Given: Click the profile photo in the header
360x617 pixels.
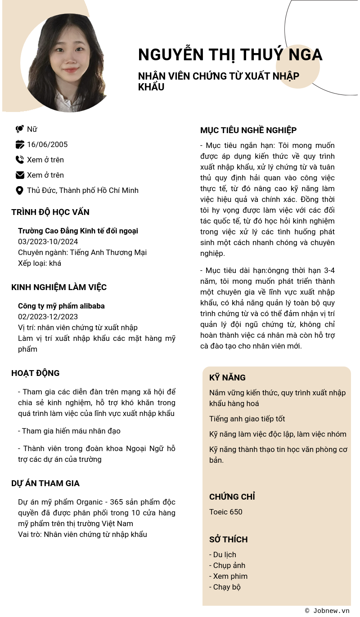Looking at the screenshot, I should coord(67,63).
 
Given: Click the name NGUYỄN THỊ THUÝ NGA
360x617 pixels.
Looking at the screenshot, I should coord(230,54).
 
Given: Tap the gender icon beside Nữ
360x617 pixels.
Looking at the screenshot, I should coord(19,129).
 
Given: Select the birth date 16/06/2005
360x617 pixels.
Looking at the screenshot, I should coord(47,144).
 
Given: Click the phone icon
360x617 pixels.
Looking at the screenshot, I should coord(19,160).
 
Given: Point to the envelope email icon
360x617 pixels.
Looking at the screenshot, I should coord(20,175).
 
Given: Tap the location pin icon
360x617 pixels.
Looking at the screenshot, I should coord(19,190).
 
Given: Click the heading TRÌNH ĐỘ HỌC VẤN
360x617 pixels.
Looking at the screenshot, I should coord(50,212).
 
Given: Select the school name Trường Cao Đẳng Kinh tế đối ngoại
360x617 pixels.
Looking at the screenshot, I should coord(78,231).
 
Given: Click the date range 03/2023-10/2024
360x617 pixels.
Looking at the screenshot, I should coord(48,241).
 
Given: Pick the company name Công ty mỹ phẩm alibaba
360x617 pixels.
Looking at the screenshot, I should coord(61,306).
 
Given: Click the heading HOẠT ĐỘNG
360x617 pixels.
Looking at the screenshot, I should coord(36,373).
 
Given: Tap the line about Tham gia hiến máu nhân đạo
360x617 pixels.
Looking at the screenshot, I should coord(69,431).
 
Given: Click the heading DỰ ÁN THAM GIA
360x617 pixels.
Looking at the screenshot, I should coord(45,483).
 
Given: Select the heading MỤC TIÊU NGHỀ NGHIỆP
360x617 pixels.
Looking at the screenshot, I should coord(248,130).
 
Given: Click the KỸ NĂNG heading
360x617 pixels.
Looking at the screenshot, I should coord(227,378).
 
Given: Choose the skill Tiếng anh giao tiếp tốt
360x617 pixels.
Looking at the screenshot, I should coord(247,419).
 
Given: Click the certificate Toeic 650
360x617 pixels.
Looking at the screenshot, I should coord(226,512).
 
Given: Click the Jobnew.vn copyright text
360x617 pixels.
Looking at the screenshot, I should coord(327,610).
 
